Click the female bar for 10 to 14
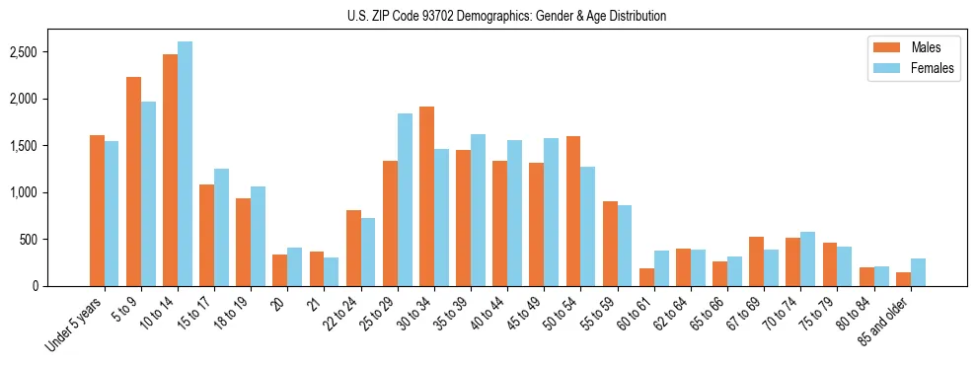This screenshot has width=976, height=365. (x=185, y=164)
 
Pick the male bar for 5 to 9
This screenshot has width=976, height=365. (x=133, y=182)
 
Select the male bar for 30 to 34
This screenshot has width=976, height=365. (x=426, y=196)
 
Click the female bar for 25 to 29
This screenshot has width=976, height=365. (x=405, y=200)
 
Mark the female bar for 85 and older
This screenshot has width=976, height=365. (x=918, y=272)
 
